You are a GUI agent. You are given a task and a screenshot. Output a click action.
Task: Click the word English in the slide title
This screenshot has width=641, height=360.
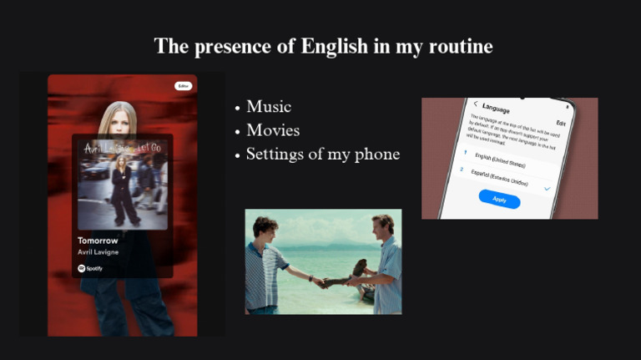334,46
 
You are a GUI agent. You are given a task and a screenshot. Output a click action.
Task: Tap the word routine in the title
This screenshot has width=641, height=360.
458,46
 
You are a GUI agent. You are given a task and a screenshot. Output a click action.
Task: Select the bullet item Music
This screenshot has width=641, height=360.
269,107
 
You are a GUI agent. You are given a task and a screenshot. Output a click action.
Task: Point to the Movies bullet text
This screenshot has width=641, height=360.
273,130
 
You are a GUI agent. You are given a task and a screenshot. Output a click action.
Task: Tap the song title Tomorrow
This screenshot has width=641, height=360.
98,241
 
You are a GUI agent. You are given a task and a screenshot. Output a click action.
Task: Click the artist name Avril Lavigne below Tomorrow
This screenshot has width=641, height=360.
99,252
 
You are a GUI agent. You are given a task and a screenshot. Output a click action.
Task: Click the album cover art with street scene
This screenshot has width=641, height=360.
122,184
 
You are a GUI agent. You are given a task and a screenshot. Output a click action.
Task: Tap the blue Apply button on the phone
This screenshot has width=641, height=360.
499,200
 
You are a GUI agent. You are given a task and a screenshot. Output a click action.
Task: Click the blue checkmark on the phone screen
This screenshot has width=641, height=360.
548,189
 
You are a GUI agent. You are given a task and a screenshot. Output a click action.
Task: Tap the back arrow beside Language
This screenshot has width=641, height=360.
476,104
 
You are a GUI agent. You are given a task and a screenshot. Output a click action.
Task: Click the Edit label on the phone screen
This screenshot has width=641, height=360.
561,122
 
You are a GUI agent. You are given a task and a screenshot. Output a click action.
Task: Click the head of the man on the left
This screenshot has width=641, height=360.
266,229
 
